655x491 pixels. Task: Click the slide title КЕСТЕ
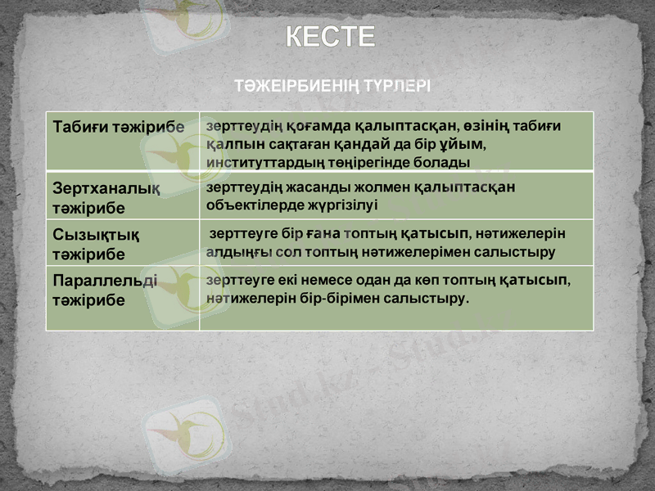point(331,37)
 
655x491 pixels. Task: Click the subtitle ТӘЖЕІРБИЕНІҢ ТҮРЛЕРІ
point(332,85)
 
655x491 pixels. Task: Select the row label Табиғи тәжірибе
point(119,128)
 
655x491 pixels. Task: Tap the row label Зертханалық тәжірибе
point(106,197)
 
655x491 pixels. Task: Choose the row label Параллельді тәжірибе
point(104,291)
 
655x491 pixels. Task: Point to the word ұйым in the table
point(464,144)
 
